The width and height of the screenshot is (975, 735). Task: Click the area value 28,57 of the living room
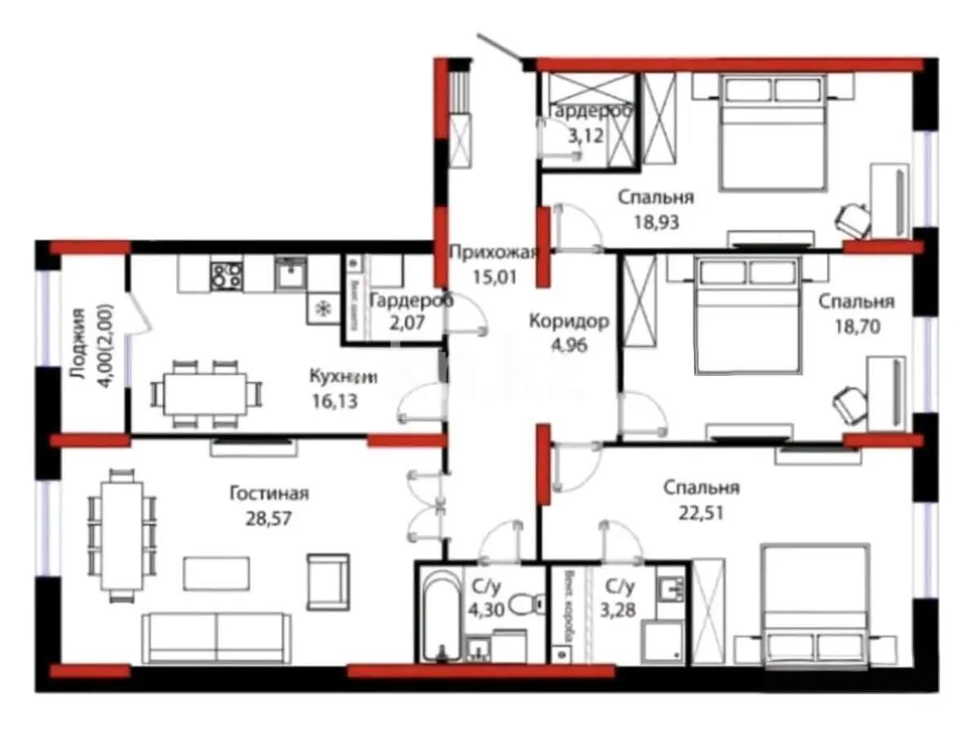pyautogui.click(x=268, y=518)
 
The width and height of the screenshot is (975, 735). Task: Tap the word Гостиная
pyautogui.click(x=268, y=493)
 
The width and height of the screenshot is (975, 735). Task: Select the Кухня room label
pyautogui.click(x=343, y=376)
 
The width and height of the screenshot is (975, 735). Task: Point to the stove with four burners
pyautogui.click(x=226, y=275)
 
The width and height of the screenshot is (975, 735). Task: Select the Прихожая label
pyautogui.click(x=493, y=252)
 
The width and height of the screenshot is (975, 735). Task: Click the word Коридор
pyautogui.click(x=568, y=321)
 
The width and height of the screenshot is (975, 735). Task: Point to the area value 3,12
pyautogui.click(x=586, y=135)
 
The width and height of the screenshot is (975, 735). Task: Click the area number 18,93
pyautogui.click(x=656, y=220)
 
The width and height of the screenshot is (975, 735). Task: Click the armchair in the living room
pyautogui.click(x=328, y=581)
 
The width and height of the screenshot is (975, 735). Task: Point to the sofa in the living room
pyautogui.click(x=215, y=637)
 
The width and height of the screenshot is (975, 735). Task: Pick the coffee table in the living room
pyautogui.click(x=216, y=572)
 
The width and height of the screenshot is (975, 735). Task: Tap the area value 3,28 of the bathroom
pyautogui.click(x=620, y=609)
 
